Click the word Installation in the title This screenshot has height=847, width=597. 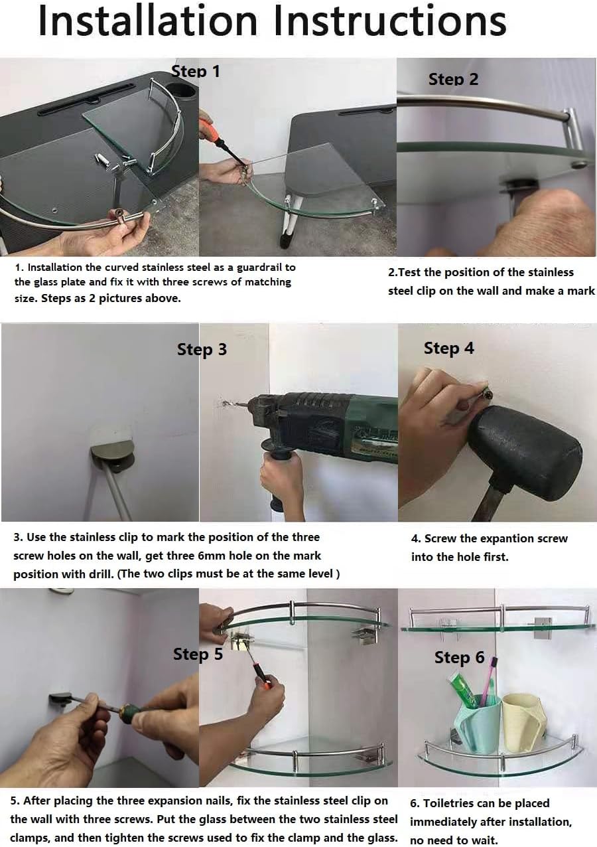[x=148, y=21]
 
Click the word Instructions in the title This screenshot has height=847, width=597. [x=390, y=21]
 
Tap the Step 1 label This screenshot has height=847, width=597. [x=195, y=72]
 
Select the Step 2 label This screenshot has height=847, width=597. [x=453, y=80]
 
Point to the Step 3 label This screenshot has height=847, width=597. [x=202, y=350]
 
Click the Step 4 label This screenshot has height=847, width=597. [x=448, y=348]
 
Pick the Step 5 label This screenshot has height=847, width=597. [x=198, y=654]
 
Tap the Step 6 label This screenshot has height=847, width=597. [x=459, y=657]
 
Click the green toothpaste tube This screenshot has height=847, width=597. [x=462, y=688]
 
